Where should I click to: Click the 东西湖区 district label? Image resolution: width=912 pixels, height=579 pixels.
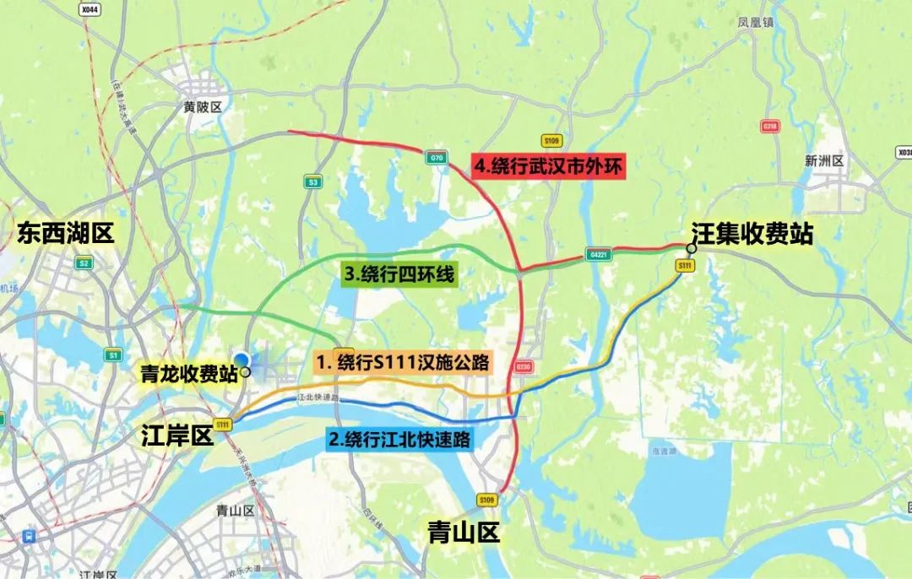[65, 234]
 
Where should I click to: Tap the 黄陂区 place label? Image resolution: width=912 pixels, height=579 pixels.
[203, 107]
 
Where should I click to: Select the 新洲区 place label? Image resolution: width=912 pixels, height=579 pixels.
[824, 160]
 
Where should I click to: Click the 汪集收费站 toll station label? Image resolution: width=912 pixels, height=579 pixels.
[752, 233]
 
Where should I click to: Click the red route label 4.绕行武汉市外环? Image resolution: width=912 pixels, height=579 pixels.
[548, 167]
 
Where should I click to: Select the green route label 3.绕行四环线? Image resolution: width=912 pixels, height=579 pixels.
[399, 274]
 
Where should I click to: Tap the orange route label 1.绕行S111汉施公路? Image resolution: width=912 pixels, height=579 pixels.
[404, 363]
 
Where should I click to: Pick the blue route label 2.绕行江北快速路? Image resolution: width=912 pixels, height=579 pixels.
[399, 439]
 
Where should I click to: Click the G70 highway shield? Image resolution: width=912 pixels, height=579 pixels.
[437, 158]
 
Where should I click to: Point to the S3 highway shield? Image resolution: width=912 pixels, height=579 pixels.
[313, 181]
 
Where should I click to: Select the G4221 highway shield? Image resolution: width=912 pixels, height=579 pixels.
[596, 254]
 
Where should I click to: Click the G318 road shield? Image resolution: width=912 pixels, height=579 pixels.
[769, 126]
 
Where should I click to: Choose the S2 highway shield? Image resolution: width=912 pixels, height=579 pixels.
[84, 263]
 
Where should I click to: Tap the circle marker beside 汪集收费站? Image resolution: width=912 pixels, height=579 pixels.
[692, 248]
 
